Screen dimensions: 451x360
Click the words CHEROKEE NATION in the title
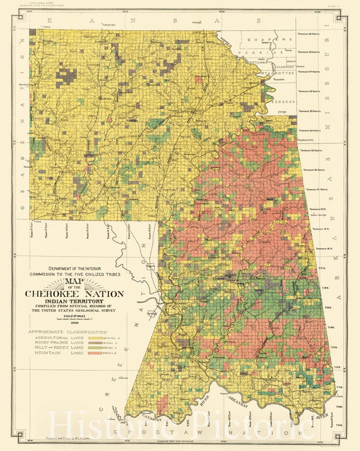[x=74, y=294]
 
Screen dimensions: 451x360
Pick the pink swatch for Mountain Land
[x=109, y=353]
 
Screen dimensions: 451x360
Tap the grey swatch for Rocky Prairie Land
[x=109, y=344]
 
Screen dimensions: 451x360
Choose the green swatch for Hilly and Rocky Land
[x=109, y=348]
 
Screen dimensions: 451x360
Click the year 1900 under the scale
[x=74, y=324]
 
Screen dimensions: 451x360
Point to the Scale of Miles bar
[x=74, y=319]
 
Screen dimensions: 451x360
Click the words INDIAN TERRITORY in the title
[x=74, y=302]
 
